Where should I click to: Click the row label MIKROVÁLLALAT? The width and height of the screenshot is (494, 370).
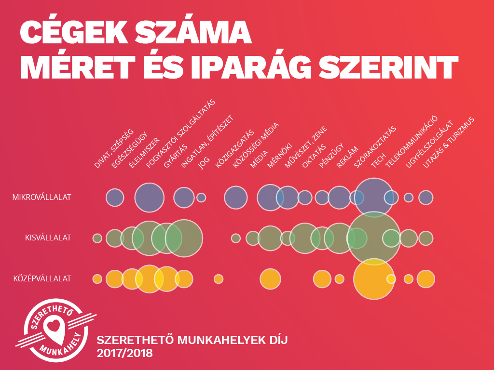click(x=42, y=197)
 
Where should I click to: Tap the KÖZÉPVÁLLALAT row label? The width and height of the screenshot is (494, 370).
click(x=42, y=278)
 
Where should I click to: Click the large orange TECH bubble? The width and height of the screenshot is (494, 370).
click(x=374, y=279)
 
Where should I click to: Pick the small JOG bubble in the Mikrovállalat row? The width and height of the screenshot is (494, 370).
click(x=201, y=197)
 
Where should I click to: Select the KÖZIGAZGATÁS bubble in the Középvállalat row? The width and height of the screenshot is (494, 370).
click(x=219, y=278)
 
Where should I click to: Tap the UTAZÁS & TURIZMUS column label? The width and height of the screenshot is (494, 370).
click(x=449, y=143)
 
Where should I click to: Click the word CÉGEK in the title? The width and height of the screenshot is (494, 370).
click(x=75, y=33)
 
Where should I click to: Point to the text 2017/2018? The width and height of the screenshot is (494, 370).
click(x=124, y=353)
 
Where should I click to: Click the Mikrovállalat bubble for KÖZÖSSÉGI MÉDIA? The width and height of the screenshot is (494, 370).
click(x=236, y=197)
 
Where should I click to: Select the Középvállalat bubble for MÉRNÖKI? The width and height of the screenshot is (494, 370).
click(x=270, y=278)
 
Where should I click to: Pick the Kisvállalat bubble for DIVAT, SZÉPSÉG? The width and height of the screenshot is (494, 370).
click(x=97, y=238)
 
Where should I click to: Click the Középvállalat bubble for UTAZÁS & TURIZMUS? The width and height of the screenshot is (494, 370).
click(x=425, y=278)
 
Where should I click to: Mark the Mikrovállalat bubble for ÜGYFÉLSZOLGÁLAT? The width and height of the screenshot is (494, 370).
click(x=409, y=197)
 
